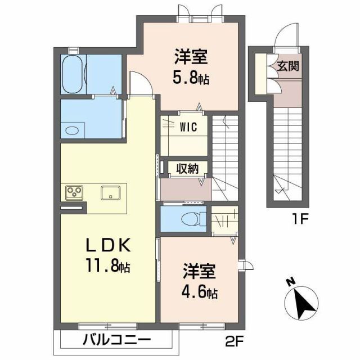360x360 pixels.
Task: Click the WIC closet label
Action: pyautogui.click(x=188, y=127)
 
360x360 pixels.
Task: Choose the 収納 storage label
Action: pyautogui.click(x=186, y=168)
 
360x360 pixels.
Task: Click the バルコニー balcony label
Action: pyautogui.click(x=117, y=340)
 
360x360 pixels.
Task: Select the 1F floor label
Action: pyautogui.click(x=298, y=216)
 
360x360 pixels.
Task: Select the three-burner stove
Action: pyautogui.click(x=74, y=192)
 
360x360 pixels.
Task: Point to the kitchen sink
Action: pyautogui.click(x=110, y=192)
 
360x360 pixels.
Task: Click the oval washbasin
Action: pyautogui.click(x=72, y=130)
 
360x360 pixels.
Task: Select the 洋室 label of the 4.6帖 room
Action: pyautogui.click(x=199, y=272)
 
